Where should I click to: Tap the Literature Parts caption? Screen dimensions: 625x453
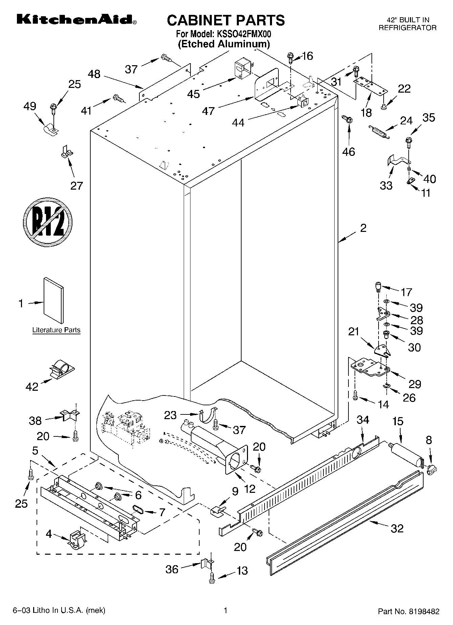coord(56,330)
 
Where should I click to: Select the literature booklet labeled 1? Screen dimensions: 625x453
coord(53,301)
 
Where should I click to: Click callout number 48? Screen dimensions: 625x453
coord(94,74)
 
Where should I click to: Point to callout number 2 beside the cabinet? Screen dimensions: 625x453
coord(363,229)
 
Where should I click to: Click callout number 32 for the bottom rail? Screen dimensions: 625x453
coord(397,528)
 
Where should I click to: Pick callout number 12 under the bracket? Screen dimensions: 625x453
coord(250,488)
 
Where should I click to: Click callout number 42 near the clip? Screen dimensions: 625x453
coord(32,387)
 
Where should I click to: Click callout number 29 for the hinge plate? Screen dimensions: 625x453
coord(415,384)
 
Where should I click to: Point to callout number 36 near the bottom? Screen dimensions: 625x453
coord(172,569)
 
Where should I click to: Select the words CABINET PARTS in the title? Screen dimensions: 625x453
coord(226,20)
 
